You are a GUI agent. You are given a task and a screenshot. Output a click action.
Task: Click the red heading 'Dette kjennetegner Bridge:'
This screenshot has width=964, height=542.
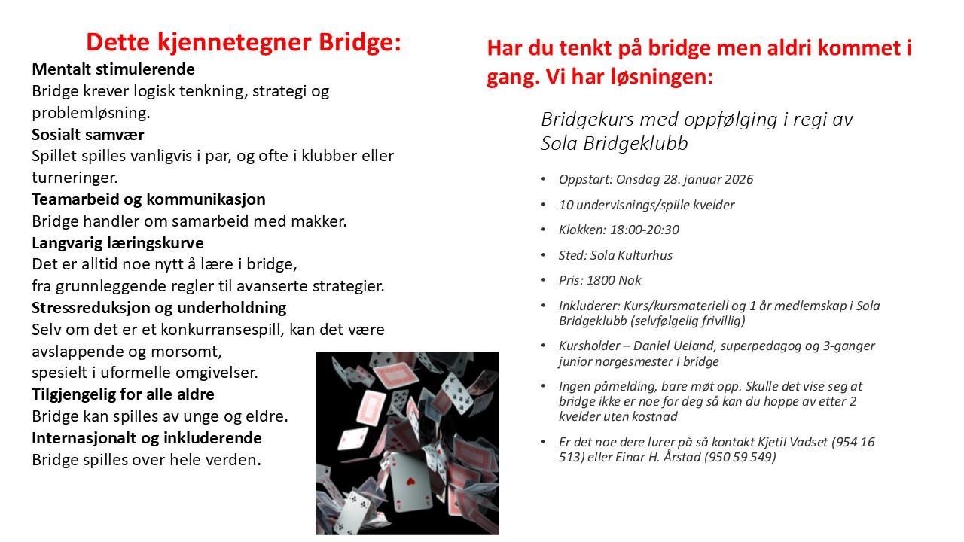(243, 42)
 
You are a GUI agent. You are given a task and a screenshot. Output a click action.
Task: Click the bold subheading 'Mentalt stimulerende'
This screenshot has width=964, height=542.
(113, 70)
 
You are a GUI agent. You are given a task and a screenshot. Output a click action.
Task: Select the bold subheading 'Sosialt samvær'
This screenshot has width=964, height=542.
(87, 135)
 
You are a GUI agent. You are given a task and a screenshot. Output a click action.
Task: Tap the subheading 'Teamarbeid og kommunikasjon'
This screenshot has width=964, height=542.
(148, 199)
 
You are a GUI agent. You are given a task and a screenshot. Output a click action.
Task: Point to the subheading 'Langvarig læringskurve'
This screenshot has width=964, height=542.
(117, 243)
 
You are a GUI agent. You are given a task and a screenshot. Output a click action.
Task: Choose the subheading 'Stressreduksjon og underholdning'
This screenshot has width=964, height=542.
(159, 308)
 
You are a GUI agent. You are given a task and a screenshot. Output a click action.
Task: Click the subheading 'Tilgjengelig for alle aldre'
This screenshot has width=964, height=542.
(123, 394)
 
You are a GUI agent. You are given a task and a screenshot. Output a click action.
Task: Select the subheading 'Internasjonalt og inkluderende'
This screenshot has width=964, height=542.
(146, 438)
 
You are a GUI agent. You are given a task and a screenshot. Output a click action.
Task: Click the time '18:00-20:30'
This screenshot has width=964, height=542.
(642, 230)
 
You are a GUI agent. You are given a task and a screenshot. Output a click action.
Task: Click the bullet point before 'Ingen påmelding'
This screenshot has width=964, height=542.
(544, 387)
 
